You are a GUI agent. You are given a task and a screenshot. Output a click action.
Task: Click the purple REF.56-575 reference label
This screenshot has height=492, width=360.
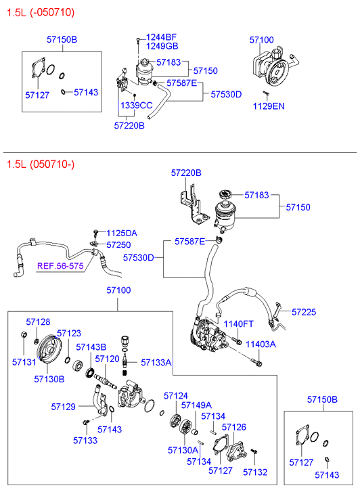click(60, 266)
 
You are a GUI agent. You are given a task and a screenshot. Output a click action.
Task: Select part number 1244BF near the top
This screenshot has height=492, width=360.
click(161, 37)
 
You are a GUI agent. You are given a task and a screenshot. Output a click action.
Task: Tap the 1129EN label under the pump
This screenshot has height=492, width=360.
click(269, 106)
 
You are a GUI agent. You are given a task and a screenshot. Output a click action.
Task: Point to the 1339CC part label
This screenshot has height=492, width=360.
click(136, 105)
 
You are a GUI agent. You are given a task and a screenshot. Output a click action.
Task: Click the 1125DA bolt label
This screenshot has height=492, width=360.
click(122, 233)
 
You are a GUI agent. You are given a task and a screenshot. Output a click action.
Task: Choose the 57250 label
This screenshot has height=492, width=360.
click(118, 245)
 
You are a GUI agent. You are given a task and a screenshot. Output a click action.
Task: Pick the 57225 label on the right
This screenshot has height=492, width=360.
click(304, 312)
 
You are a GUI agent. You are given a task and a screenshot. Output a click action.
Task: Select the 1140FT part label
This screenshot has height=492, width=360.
click(238, 323)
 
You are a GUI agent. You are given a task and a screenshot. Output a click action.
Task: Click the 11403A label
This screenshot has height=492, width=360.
click(261, 344)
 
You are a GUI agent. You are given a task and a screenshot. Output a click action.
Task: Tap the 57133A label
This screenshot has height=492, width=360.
click(156, 363)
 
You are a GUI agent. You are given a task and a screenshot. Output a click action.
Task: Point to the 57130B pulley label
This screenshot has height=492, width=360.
click(49, 379)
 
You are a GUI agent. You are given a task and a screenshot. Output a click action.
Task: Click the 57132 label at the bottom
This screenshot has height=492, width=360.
click(255, 472)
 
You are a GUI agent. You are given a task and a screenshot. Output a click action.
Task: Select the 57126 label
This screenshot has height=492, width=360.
click(234, 427)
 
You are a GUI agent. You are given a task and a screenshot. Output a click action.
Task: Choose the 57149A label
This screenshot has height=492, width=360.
click(196, 405)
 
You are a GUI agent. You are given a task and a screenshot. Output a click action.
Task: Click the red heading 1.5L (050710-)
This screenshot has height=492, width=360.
click(41, 164)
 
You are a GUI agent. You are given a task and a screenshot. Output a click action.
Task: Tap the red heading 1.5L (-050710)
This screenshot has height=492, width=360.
click(41, 13)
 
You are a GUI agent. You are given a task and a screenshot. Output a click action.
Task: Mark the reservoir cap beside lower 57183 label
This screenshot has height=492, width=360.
click(226, 194)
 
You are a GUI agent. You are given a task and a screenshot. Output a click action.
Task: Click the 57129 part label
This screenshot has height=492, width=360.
click(64, 407)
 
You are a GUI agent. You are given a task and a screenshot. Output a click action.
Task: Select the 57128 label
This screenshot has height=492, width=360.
click(38, 321)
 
